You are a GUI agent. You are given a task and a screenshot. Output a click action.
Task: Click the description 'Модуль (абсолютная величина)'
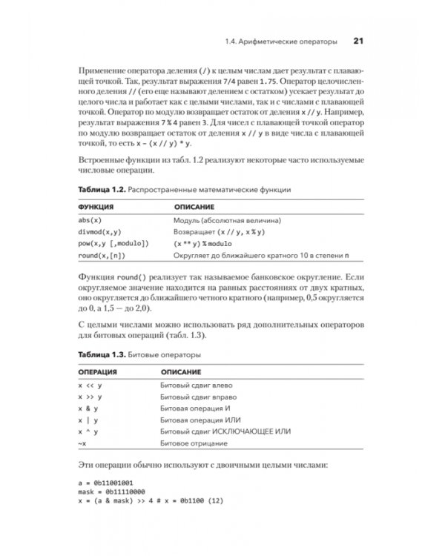click(x=226, y=220)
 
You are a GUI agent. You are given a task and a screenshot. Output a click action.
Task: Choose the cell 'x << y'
click(x=89, y=385)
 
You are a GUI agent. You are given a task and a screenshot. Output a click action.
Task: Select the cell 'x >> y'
click(x=89, y=397)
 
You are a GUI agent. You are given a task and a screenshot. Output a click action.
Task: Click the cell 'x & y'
click(x=89, y=408)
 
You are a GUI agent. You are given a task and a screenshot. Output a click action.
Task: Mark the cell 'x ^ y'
click(x=89, y=431)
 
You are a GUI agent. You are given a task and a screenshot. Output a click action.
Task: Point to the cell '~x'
click(x=82, y=443)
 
